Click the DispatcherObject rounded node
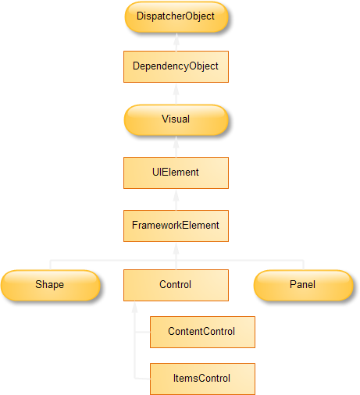[x=176, y=17]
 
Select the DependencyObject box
[x=176, y=66]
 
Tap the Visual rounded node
[x=176, y=120]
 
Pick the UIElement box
[x=176, y=173]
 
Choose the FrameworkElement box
[x=176, y=226]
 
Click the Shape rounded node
[x=51, y=285]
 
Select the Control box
[x=176, y=285]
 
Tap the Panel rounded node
[x=304, y=285]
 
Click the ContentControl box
[x=202, y=332]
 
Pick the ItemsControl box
[x=202, y=379]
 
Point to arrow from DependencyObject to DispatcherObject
[x=176, y=42]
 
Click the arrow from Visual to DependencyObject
[x=176, y=94]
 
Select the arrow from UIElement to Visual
[x=176, y=147]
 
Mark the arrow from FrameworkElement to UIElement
[x=176, y=200]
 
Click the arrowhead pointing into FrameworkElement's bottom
[x=176, y=248]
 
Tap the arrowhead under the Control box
[x=134, y=307]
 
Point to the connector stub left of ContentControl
[x=142, y=332]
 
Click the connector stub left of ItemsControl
[x=142, y=379]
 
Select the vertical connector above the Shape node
[x=51, y=265]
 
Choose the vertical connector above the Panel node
[x=303, y=265]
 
